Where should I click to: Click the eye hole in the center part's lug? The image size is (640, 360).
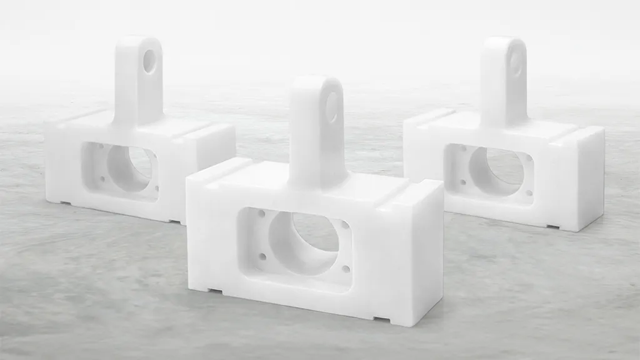[x=331, y=107]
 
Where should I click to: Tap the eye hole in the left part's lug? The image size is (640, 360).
[x=149, y=61]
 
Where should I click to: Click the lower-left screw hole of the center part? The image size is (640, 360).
[x=262, y=256]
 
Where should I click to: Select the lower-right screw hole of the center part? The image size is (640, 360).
[x=346, y=269]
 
